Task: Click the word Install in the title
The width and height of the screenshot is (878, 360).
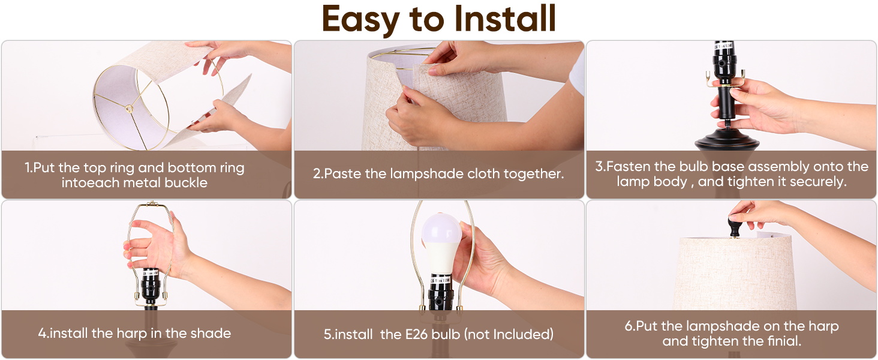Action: click(x=505, y=18)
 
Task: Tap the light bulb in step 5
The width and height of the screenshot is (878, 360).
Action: click(x=441, y=243)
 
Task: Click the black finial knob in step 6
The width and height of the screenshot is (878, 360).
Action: click(x=735, y=227)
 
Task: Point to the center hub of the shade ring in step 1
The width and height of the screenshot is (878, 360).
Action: click(x=129, y=108)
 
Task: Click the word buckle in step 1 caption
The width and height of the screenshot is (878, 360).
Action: click(x=186, y=183)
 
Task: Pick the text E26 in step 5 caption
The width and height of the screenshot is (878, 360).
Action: click(x=416, y=335)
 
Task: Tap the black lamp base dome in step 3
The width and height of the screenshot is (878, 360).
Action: click(x=727, y=139)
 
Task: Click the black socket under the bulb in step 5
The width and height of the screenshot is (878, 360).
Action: click(x=441, y=293)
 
